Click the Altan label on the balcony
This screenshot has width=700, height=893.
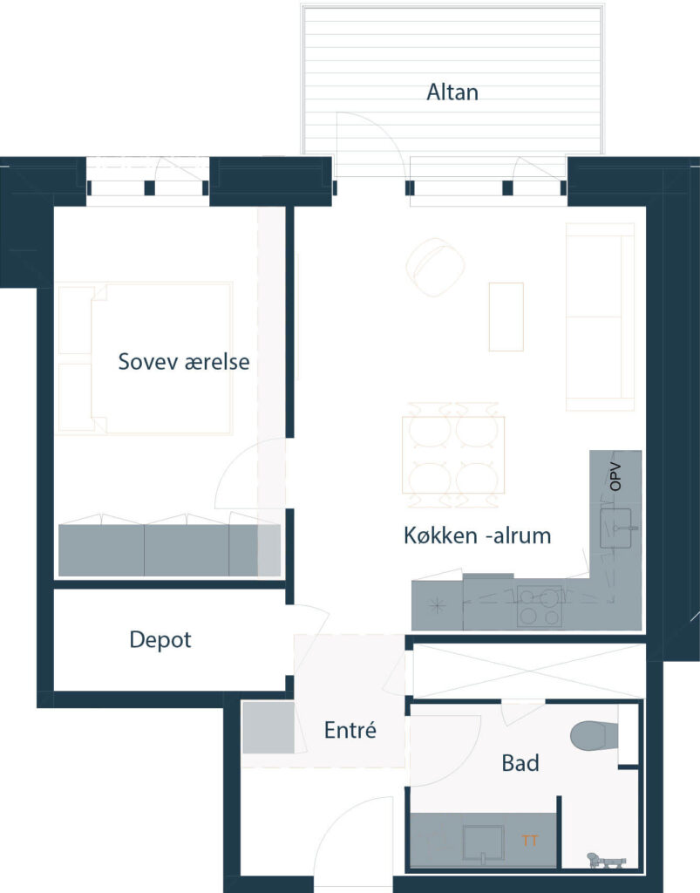pyautogui.click(x=452, y=92)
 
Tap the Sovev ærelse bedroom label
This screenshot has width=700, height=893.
pyautogui.click(x=184, y=362)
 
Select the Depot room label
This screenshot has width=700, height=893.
pyautogui.click(x=160, y=639)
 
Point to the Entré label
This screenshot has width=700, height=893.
pyautogui.click(x=350, y=730)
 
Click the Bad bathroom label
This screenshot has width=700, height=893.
pyautogui.click(x=520, y=763)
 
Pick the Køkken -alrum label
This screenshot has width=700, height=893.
pyautogui.click(x=478, y=535)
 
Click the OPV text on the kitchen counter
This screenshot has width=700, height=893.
pyautogui.click(x=615, y=477)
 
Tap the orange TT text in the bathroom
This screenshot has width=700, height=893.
pyautogui.click(x=530, y=841)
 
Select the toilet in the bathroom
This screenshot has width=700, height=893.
pyautogui.click(x=595, y=736)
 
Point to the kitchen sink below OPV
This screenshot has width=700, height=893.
pyautogui.click(x=615, y=528)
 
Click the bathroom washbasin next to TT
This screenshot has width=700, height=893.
pyautogui.click(x=483, y=843)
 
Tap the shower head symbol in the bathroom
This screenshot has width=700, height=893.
pyautogui.click(x=607, y=861)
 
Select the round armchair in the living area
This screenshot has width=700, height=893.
pyautogui.click(x=435, y=267)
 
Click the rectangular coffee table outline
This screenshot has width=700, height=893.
pyautogui.click(x=506, y=317)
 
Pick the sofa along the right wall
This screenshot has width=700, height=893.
pyautogui.click(x=600, y=317)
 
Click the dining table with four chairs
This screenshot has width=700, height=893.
pyautogui.click(x=453, y=455)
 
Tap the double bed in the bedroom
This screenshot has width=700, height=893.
pyautogui.click(x=145, y=358)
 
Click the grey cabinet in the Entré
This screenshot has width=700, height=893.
pyautogui.click(x=268, y=728)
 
